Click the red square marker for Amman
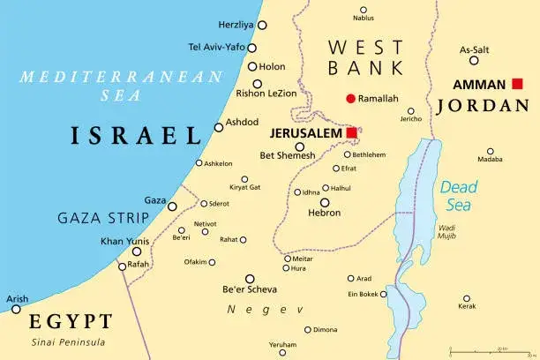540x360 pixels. pos(516,85)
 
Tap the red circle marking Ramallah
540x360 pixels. pos(350,98)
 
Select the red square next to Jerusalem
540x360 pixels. pos(352,132)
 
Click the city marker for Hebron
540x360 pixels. pos(324,202)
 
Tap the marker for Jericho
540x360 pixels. pos(411,111)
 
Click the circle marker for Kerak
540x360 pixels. pos(467,298)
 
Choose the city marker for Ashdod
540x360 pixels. pos(219,127)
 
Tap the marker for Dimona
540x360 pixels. pos(307,330)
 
